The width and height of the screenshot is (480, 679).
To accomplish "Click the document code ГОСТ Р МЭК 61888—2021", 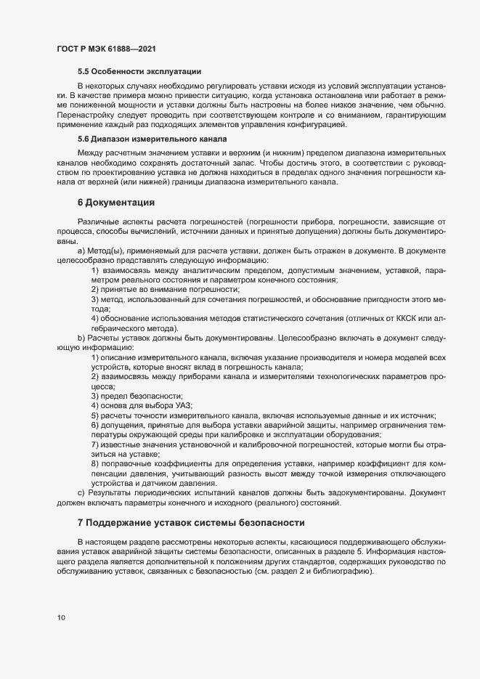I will pos(106,49).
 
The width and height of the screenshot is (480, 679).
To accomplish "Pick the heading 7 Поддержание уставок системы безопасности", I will pos(192,523).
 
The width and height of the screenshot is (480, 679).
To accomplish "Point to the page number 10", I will pos(61,618).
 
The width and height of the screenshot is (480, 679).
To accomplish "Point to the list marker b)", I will pos(81,338).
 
